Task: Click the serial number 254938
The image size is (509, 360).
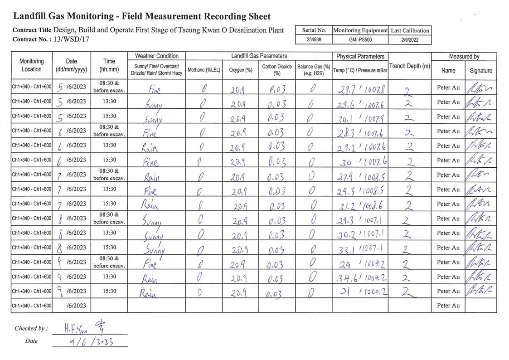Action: coord(314,39)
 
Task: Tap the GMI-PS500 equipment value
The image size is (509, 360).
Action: coord(360,39)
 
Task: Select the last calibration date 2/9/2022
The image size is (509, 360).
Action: coord(410,39)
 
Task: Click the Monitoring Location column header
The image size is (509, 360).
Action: coord(32,65)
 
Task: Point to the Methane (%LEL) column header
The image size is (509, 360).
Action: coord(204,70)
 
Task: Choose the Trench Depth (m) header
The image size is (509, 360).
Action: coord(409,66)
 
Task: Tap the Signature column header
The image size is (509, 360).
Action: coord(480,71)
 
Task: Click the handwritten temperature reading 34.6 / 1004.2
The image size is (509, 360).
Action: coord(361,277)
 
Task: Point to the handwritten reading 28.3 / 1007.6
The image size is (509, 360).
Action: coord(361,131)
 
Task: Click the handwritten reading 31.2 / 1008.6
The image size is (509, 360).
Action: coord(361,204)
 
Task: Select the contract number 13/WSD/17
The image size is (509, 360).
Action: coord(71,39)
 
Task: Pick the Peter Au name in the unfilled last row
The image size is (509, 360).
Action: coord(447,306)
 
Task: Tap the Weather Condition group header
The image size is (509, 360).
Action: coord(157,56)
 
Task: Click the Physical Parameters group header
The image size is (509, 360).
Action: coord(360,57)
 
